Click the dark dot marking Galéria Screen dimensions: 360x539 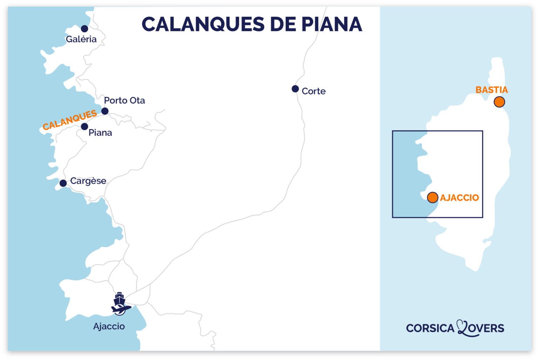coord(85,28)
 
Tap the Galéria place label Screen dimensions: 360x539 coord(81,39)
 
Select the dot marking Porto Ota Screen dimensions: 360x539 coord(105,111)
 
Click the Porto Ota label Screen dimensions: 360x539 coord(124,100)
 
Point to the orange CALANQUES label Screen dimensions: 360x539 coord(69,120)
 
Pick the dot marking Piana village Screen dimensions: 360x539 coord(85,126)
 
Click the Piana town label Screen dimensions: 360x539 coord(100,133)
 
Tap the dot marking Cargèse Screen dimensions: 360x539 coord(63,183)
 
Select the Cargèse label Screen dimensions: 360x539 coord(88,181)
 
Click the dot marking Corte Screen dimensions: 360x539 coord(295,89)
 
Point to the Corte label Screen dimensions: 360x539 coord(313,91)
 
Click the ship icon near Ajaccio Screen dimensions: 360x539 coord(119,299)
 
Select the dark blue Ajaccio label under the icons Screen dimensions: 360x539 coord(109,326)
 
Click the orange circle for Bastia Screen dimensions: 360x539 coord(499,102)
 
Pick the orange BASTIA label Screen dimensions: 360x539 coord(491,90)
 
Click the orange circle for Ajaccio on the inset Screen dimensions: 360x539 coord(432,197)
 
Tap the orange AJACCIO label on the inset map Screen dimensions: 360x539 coord(459,198)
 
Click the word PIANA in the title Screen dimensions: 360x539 coord(332,25)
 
